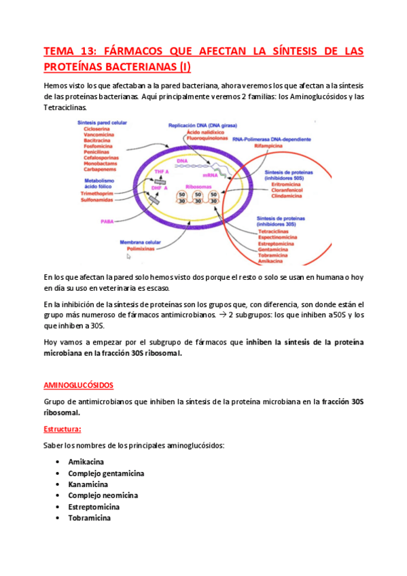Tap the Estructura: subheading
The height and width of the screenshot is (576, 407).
[63, 429]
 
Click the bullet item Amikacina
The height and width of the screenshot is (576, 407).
[86, 462]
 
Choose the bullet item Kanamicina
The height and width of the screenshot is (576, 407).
[88, 484]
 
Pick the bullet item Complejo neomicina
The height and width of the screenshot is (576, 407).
[103, 496]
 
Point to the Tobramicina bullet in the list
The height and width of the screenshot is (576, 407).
[90, 518]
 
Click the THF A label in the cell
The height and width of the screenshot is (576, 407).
[161, 173]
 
